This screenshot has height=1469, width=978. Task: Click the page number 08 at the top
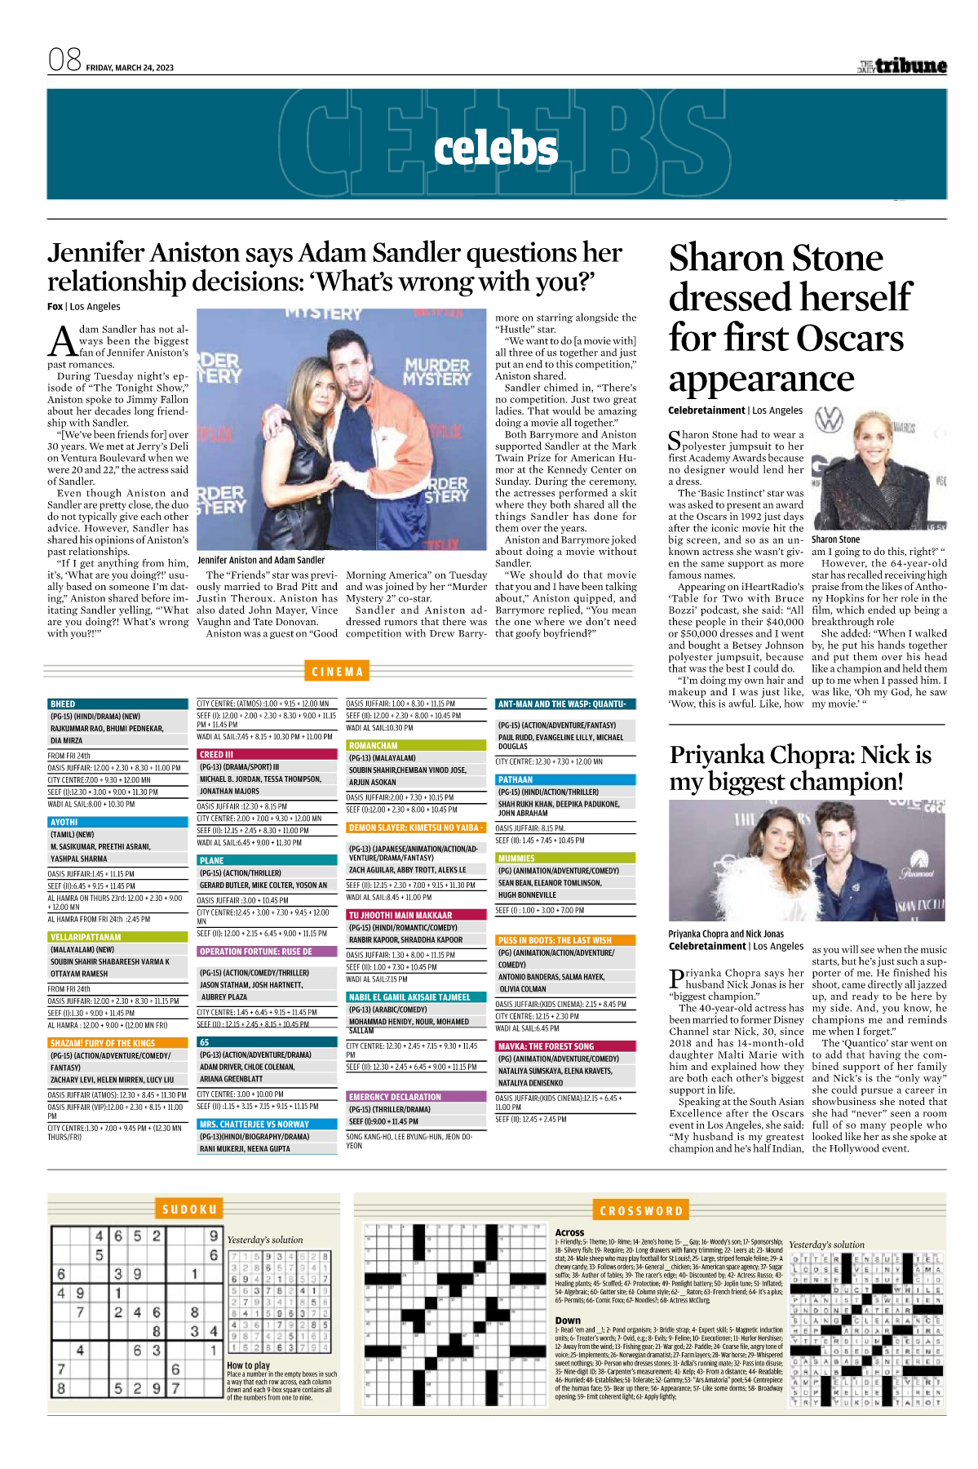coord(64,60)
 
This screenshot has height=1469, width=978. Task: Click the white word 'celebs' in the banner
coord(496,149)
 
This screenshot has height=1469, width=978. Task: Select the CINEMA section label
coord(337,672)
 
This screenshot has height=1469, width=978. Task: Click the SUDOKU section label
coord(189,1209)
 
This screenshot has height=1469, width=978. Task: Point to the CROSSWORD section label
coord(641,1210)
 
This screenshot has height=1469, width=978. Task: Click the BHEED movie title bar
coord(117,703)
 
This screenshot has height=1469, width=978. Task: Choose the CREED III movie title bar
coord(267,755)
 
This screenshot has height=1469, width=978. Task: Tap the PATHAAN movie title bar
coord(565,779)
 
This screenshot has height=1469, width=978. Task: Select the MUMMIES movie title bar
coord(565,859)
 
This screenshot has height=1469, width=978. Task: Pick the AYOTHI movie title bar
coord(117,822)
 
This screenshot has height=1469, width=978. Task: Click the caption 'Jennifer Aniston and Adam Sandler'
coord(261,560)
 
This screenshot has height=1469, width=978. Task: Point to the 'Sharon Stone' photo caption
coord(835,539)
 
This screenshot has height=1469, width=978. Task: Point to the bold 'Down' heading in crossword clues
coord(568,1320)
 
